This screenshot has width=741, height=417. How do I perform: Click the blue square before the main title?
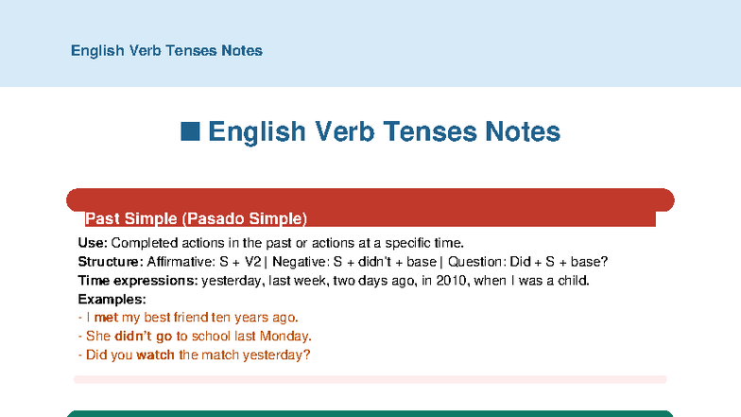click(x=190, y=131)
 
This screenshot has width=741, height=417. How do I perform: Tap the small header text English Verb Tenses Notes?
click(x=166, y=51)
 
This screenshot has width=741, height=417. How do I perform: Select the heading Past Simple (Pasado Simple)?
click(x=196, y=219)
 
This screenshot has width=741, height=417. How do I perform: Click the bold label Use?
click(x=93, y=243)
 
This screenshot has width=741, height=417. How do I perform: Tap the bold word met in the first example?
click(x=106, y=318)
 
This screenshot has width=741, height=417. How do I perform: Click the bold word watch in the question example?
click(x=155, y=356)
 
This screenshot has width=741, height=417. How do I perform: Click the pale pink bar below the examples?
click(x=370, y=379)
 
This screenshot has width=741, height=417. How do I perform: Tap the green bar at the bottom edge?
click(x=370, y=413)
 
